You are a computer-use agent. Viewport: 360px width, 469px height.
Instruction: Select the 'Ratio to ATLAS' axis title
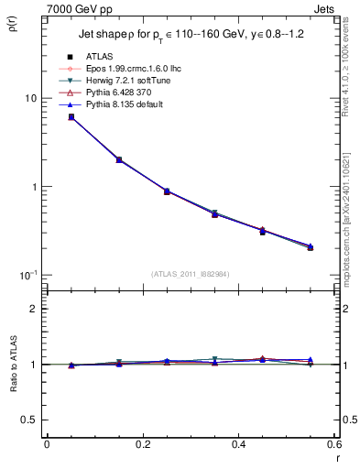(x=11, y=365)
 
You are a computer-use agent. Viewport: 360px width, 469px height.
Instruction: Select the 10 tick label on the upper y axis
(x=30, y=98)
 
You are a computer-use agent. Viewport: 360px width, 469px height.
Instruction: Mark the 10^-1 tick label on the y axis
(x=28, y=275)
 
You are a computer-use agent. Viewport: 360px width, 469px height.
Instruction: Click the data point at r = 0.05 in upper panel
(x=71, y=117)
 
